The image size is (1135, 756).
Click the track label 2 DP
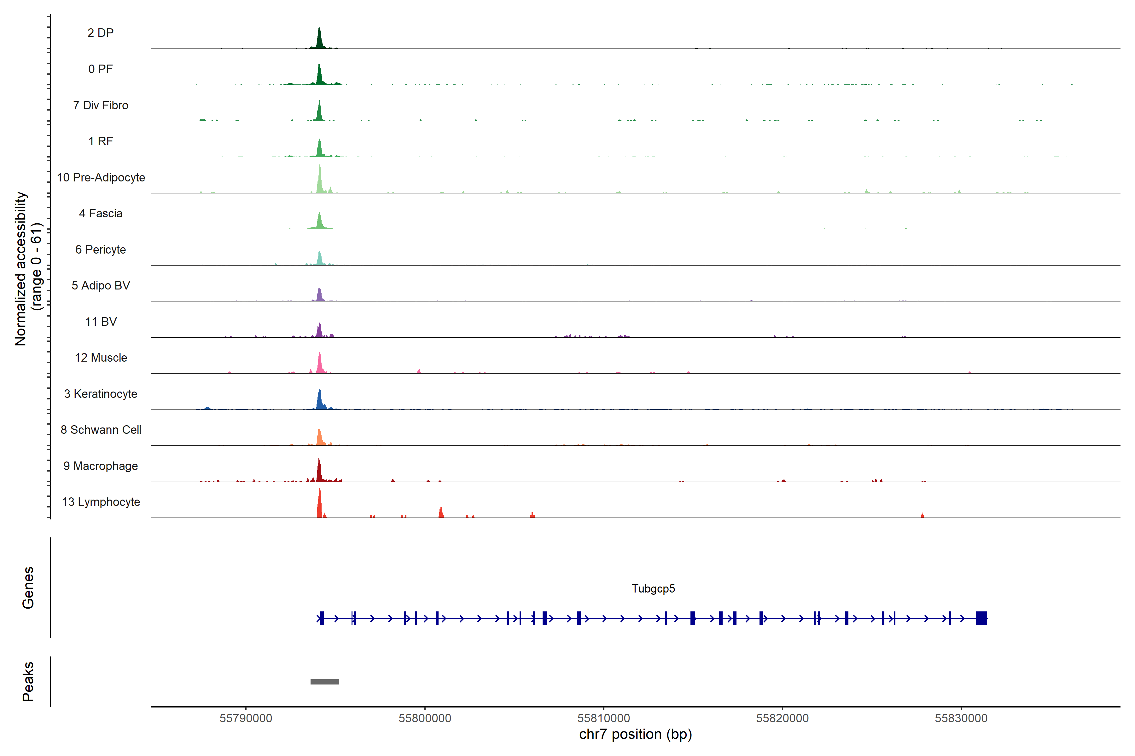pyautogui.click(x=100, y=33)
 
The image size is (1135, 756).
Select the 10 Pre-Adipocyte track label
pyautogui.click(x=101, y=177)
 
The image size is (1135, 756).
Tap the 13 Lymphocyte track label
pyautogui.click(x=101, y=502)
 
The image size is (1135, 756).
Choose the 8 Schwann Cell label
pyautogui.click(x=101, y=430)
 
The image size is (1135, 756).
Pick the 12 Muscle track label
pyautogui.click(x=101, y=358)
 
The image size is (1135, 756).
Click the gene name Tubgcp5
pyautogui.click(x=653, y=589)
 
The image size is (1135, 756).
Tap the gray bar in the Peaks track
pyautogui.click(x=325, y=682)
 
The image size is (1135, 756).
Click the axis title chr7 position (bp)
pyautogui.click(x=636, y=734)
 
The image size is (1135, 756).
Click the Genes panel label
pyautogui.click(x=28, y=588)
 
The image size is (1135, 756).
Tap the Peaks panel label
pyautogui.click(x=28, y=681)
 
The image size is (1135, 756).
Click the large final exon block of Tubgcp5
pyautogui.click(x=981, y=618)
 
